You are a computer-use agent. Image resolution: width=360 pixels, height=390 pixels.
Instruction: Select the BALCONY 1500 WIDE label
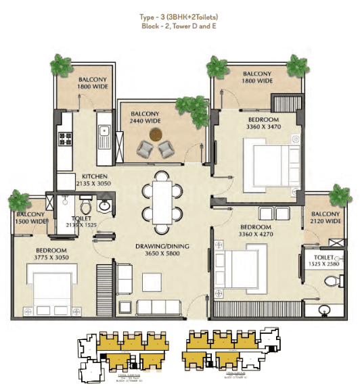(x=28, y=218)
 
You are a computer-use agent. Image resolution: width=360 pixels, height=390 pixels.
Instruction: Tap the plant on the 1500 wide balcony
(x=19, y=201)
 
